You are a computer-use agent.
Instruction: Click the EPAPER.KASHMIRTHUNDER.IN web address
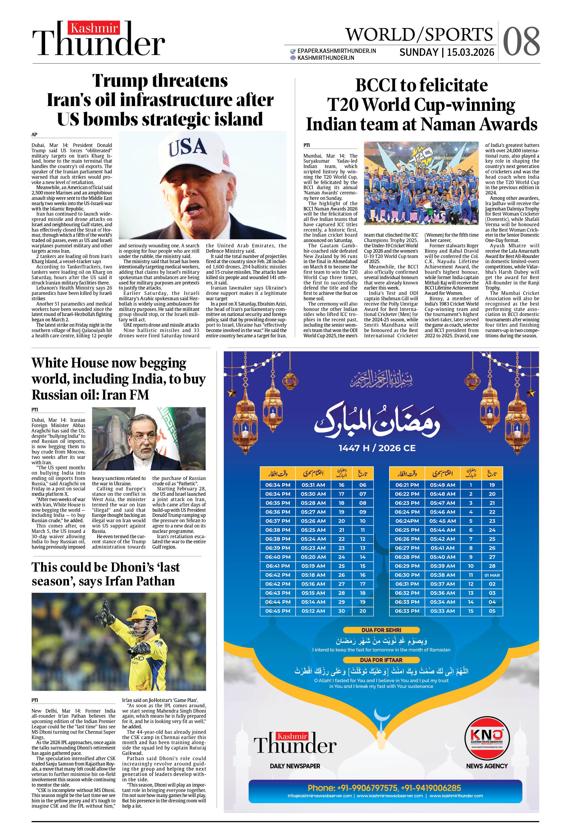pyautogui.click(x=337, y=51)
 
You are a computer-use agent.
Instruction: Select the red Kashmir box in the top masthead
pyautogui.click(x=94, y=28)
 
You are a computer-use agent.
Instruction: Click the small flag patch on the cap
pyautogui.click(x=226, y=158)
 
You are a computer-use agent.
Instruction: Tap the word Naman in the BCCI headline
pyautogui.click(x=448, y=124)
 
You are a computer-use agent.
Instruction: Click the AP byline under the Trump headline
pyautogui.click(x=34, y=135)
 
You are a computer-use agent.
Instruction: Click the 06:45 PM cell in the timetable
pyautogui.click(x=277, y=611)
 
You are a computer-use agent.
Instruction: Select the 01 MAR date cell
pyautogui.click(x=492, y=575)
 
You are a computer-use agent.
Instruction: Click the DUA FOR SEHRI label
pyautogui.click(x=381, y=630)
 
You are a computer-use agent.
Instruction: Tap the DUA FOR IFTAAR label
pyautogui.click(x=381, y=660)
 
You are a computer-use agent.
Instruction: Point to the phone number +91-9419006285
pyautogui.click(x=431, y=788)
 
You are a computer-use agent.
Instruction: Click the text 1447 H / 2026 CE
pyautogui.click(x=377, y=448)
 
